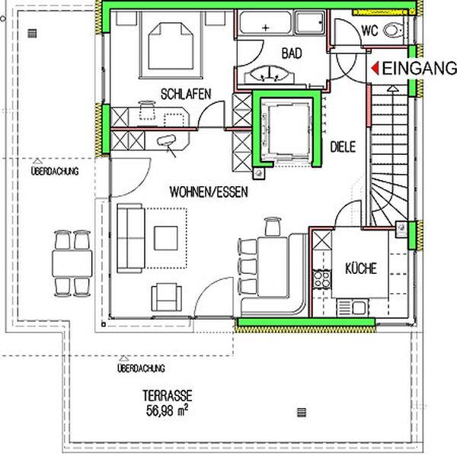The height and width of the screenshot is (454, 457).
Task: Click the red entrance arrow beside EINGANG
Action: coord(376,69)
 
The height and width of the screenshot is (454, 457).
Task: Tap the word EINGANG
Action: coord(419,69)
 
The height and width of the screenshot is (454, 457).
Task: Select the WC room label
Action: coord(369,31)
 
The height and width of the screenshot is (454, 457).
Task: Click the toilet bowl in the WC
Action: coord(393,30)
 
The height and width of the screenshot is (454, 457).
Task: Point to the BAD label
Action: coord(292,53)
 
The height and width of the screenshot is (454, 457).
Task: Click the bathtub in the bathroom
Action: coord(265,23)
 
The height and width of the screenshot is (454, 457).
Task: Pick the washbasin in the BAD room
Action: coord(270,75)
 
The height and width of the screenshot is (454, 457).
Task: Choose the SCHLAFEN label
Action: coord(186,94)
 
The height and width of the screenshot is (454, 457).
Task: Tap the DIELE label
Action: coord(343,147)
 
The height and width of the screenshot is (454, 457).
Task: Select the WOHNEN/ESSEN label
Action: coord(209,192)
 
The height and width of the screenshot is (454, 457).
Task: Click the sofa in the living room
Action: coord(131,238)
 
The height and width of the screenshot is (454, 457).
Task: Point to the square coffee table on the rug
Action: coord(166,238)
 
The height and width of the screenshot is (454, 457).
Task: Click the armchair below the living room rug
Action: coord(166,298)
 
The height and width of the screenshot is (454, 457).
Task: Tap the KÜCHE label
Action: coord(361,269)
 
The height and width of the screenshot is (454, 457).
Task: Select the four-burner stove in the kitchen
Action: coord(321,279)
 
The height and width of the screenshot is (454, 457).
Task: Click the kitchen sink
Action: coord(353,307)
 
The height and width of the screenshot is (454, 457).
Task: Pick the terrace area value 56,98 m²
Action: coord(167,411)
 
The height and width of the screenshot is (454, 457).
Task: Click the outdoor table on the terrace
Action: coord(72,264)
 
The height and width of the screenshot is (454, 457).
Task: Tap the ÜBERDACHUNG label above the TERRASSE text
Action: coord(141,369)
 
